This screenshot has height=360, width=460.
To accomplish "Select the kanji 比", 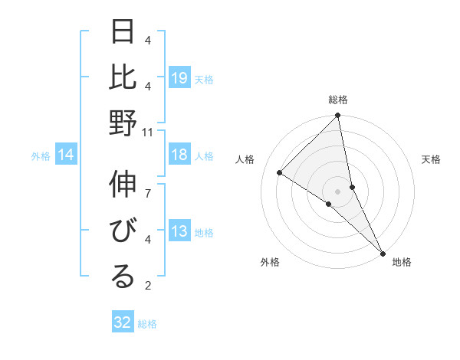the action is (x=123, y=77).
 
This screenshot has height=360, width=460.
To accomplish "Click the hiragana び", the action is (x=123, y=231).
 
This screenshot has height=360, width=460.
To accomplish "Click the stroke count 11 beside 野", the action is (x=149, y=132).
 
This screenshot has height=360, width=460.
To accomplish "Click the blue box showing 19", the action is (x=179, y=77).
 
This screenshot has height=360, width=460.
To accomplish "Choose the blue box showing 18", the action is (x=179, y=155).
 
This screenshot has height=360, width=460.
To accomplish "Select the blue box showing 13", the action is (x=179, y=231).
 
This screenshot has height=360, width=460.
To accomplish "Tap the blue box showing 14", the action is (x=66, y=155).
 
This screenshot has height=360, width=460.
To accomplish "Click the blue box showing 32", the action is (x=123, y=322).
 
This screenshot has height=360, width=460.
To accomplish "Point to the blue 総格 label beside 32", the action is (x=147, y=324).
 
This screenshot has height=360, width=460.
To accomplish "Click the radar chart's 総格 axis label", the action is (x=338, y=100).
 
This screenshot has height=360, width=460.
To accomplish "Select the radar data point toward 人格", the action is (x=280, y=173).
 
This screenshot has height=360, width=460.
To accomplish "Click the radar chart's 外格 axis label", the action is (x=270, y=262).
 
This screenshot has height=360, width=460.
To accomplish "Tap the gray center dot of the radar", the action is (x=338, y=191).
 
